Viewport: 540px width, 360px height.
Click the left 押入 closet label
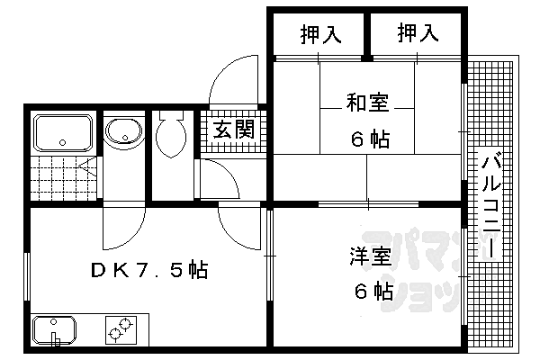pyautogui.click(x=319, y=35)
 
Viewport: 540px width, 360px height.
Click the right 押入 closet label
pyautogui.click(x=417, y=34)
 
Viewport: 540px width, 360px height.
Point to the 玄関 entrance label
pyautogui.click(x=232, y=129)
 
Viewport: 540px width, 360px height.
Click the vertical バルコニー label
pyautogui.click(x=491, y=206)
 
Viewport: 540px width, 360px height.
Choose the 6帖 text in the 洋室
pyautogui.click(x=371, y=292)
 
